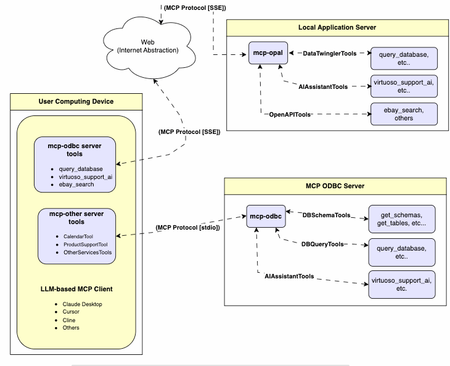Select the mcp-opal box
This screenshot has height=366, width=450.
(268, 53)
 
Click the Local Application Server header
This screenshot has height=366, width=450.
(337, 28)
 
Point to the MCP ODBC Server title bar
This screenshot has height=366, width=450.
(335, 186)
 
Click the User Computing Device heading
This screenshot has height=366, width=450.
(76, 101)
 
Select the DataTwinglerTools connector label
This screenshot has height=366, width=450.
(330, 54)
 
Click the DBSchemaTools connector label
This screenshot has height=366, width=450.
(326, 215)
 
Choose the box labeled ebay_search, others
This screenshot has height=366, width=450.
(404, 114)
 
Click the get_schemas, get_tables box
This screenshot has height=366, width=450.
(401, 218)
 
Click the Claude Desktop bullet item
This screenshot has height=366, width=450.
(82, 304)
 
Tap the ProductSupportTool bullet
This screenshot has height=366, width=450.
(86, 244)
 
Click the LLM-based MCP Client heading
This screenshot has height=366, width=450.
(76, 289)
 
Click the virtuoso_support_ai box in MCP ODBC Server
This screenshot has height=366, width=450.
(401, 285)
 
